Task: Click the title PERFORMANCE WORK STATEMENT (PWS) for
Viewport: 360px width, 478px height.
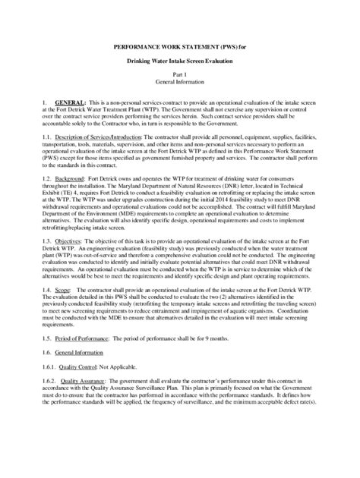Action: coord(179,46)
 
